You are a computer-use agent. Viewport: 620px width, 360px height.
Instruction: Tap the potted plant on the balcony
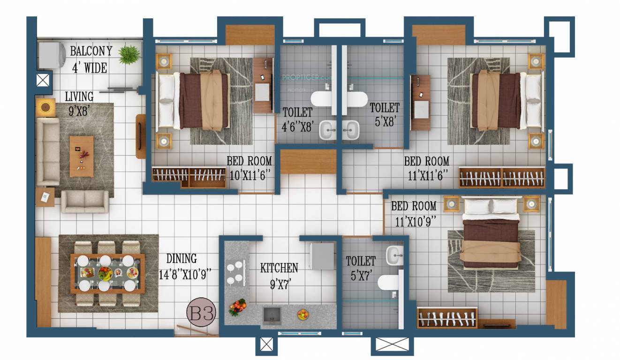tap(129, 54)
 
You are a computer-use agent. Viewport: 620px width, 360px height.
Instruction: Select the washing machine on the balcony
tap(52, 55)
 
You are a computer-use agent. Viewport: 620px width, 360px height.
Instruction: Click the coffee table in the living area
tap(82, 156)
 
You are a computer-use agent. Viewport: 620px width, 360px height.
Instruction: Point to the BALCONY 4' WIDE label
tap(91, 59)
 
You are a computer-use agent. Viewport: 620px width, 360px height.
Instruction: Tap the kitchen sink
tap(272, 315)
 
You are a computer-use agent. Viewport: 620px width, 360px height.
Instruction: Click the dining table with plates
tap(107, 273)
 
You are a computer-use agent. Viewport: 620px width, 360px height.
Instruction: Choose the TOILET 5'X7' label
tap(361, 267)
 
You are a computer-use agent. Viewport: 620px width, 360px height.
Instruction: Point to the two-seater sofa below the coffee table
tap(85, 202)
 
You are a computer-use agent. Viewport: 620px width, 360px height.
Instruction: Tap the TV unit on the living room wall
tap(141, 136)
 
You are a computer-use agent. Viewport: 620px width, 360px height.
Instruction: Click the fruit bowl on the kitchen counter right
tap(303, 314)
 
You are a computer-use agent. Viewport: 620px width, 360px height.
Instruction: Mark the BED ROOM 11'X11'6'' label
tap(427, 168)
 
